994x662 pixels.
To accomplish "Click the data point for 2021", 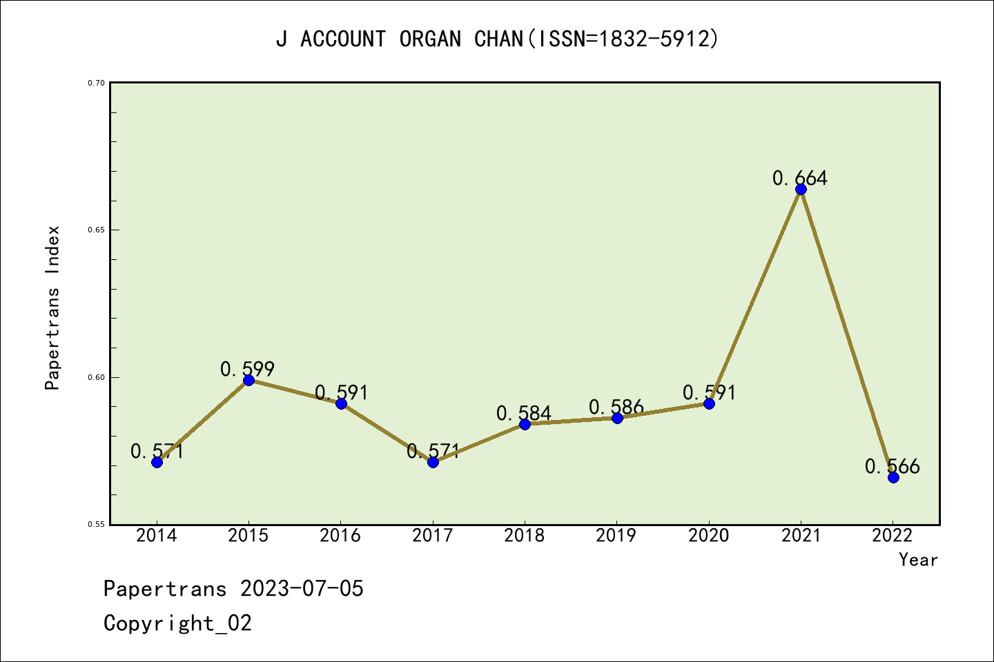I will (x=801, y=189).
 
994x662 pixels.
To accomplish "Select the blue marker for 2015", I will (x=248, y=380).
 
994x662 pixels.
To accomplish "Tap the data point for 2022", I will (x=893, y=477).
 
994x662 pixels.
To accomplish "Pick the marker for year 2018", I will (x=525, y=424).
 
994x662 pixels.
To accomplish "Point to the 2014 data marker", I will (x=157, y=462).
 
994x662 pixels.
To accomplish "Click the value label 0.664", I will (x=799, y=178).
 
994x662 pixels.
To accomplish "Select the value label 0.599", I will (x=247, y=369).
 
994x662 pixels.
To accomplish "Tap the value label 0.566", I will (x=892, y=466).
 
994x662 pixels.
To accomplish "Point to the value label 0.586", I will (x=616, y=407).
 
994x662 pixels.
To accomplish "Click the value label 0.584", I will (x=523, y=413).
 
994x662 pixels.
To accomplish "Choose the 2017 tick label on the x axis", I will (x=433, y=535).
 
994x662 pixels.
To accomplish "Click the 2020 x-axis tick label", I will (x=709, y=535).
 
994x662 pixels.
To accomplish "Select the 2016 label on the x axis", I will (x=340, y=535).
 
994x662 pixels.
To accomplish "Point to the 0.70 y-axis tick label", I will (x=96, y=83).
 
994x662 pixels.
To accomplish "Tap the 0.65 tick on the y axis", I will (x=96, y=230).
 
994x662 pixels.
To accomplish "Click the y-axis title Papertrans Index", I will (x=52, y=308).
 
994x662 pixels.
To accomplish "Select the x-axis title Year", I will (x=918, y=559).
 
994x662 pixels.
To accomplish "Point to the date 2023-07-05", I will (x=302, y=588).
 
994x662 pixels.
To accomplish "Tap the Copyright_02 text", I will (x=177, y=623).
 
